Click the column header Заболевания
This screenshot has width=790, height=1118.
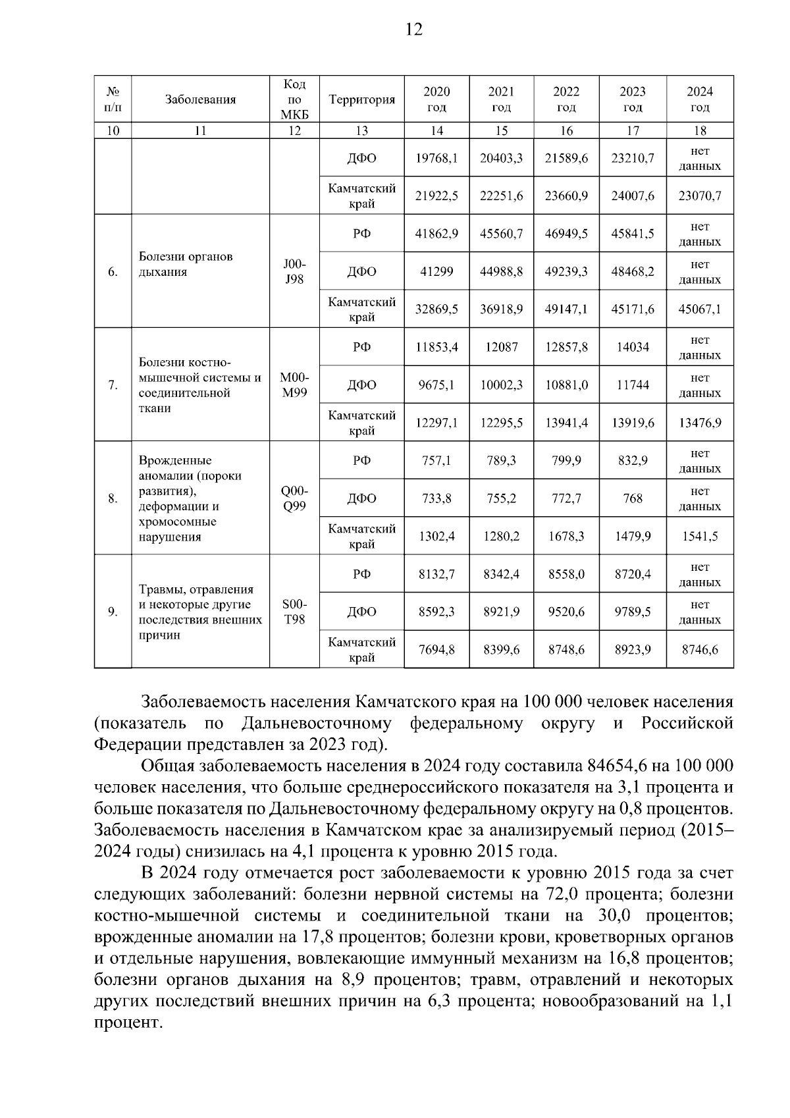click(200, 99)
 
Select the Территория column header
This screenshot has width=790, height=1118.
click(361, 99)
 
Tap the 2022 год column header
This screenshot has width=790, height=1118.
click(566, 99)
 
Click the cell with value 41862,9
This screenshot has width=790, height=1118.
click(436, 234)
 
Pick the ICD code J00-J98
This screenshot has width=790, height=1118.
click(294, 271)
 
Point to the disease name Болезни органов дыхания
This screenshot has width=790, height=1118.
click(186, 264)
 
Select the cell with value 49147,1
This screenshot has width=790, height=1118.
click(566, 309)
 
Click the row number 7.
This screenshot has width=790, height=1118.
click(113, 385)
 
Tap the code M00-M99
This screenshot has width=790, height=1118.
click(294, 385)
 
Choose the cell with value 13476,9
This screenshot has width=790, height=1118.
click(700, 423)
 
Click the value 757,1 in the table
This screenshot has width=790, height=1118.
click(436, 461)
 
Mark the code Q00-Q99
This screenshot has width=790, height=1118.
click(294, 498)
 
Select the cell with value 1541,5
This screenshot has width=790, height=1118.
click(700, 537)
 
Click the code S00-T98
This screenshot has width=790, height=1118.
click(294, 612)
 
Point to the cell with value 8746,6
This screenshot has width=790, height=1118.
click(700, 650)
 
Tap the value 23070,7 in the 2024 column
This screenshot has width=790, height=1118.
click(700, 196)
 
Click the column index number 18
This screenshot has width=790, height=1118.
click(700, 130)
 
